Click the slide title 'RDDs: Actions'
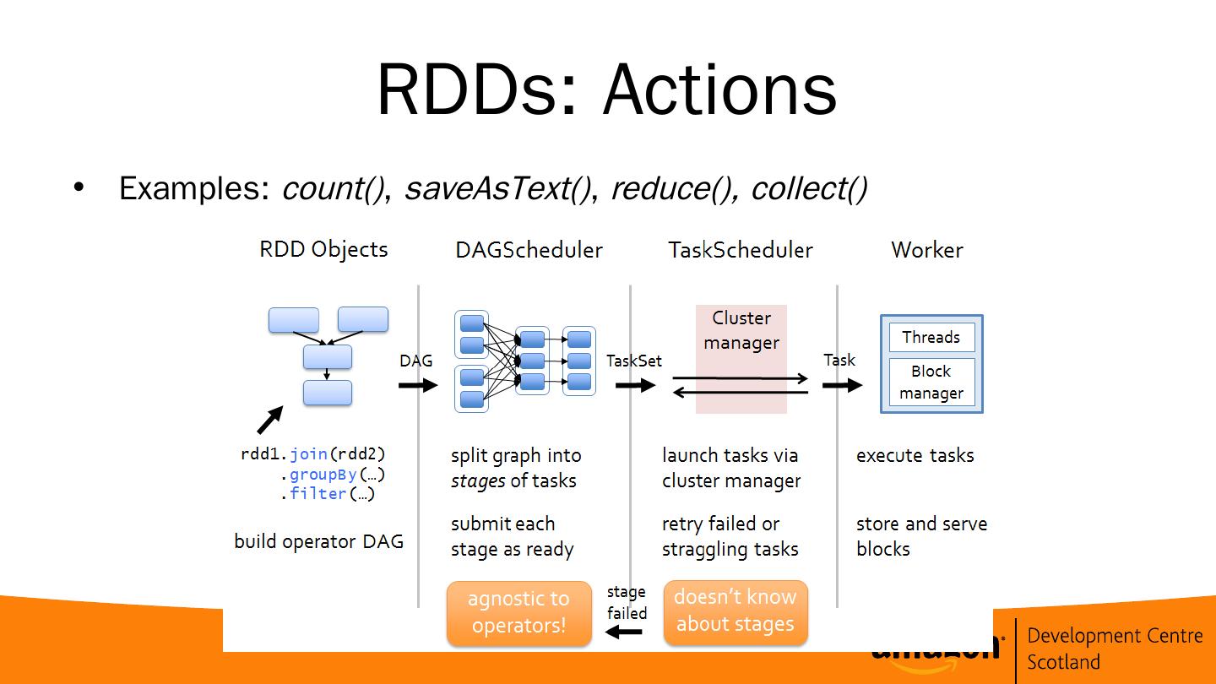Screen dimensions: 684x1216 606,90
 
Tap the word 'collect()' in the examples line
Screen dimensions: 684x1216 808,188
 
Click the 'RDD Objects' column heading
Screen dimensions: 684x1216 323,249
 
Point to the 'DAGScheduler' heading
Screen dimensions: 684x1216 529,250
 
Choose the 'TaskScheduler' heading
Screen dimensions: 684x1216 740,250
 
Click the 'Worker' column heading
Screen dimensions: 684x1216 926,250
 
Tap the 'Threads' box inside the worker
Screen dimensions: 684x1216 931,337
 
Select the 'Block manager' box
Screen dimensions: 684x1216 931,382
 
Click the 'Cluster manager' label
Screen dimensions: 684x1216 741,330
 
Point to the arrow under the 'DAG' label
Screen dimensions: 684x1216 418,385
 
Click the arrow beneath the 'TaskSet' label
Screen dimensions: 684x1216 635,385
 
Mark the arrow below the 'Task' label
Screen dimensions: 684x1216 842,385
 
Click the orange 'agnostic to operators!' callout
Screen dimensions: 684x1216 518,612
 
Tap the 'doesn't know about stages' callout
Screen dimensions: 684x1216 736,611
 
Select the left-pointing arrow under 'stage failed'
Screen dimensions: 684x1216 625,631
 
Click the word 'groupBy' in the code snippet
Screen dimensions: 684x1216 323,474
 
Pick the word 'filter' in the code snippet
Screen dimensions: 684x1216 318,493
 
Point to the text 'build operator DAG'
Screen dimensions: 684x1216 318,541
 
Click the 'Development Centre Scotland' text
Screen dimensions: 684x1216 1114,648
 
